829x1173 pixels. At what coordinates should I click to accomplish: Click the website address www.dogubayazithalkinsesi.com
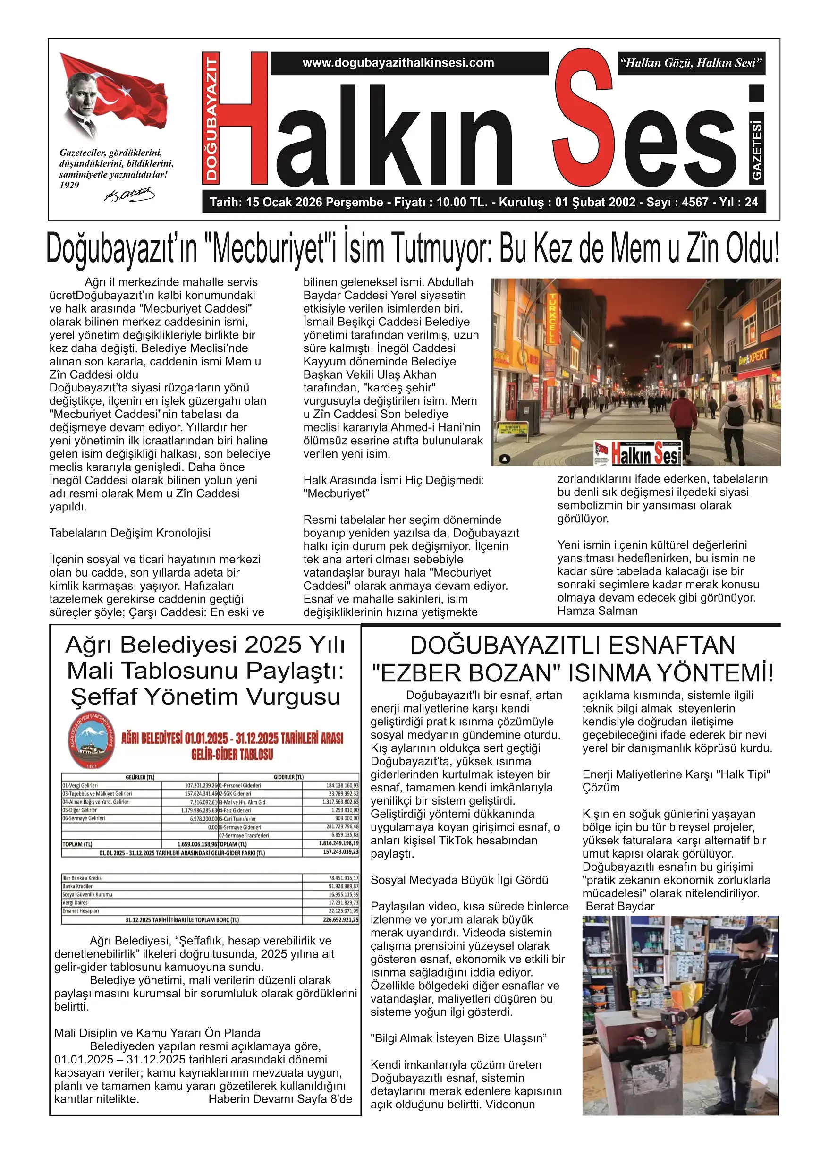[398, 63]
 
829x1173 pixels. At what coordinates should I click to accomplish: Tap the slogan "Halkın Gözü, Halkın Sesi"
[691, 63]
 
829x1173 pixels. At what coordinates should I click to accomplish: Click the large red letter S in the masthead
[584, 118]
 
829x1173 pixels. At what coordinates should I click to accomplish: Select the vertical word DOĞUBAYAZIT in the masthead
[211, 118]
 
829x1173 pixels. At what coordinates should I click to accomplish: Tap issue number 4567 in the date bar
[694, 202]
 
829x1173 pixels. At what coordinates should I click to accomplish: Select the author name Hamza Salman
[597, 611]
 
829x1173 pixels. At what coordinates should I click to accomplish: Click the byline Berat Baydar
[619, 906]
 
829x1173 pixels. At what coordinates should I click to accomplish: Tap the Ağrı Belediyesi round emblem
[92, 741]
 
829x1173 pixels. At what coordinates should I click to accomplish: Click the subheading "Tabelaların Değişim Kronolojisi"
[130, 533]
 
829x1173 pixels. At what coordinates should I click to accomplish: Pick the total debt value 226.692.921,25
[340, 919]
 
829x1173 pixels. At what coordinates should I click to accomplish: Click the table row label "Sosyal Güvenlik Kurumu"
[87, 894]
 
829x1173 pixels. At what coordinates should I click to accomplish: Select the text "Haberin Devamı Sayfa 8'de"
[280, 1099]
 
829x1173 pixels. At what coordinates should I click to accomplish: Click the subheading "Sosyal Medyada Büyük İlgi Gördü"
[459, 880]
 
